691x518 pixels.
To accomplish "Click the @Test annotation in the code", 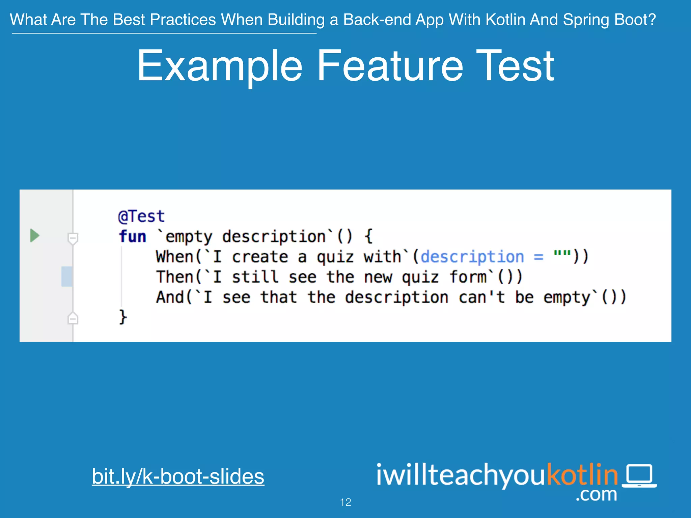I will tap(141, 216).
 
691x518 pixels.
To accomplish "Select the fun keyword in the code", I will tap(132, 236).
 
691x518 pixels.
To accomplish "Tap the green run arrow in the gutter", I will tap(35, 235).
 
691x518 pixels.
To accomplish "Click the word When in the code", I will tap(174, 257).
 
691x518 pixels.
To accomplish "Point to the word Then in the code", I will tap(174, 277).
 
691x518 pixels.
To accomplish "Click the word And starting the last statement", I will tap(170, 297).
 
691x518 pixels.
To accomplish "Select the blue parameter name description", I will tap(472, 257).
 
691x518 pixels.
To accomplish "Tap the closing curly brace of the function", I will tap(123, 317).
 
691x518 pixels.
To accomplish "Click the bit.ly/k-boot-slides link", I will tap(178, 477).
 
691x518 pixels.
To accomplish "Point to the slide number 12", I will tap(345, 502).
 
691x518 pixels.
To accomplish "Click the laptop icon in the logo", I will tap(639, 476).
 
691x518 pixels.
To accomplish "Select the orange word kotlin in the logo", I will tap(582, 474).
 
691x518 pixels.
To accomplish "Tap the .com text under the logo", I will tap(596, 495).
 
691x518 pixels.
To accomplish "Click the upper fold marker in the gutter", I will tap(73, 238).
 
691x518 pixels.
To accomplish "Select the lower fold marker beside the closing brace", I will tap(73, 318).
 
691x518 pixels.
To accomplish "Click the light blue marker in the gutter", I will tap(67, 277).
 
